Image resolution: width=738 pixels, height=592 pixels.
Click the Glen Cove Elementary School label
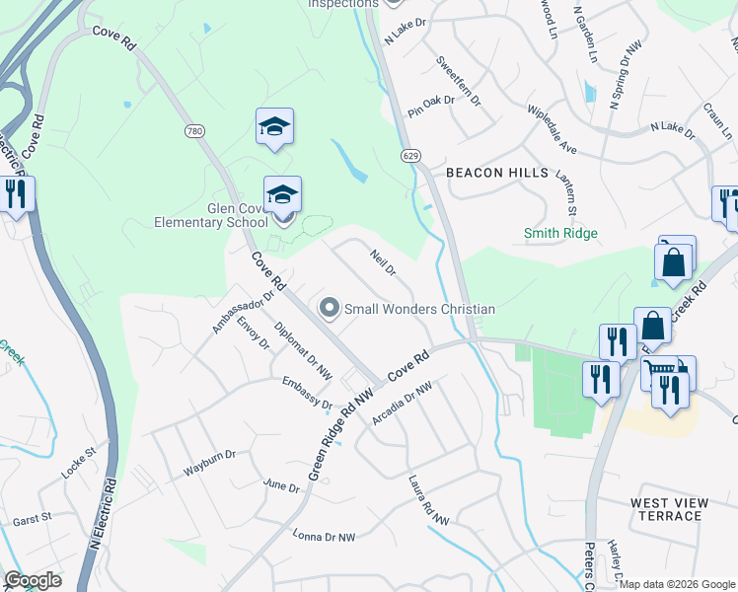[211, 215]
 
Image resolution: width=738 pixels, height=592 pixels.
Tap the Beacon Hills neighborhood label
[497, 173]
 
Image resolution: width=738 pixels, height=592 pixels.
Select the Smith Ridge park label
[560, 233]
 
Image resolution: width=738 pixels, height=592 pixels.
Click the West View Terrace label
[669, 509]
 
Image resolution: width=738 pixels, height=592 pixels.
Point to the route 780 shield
[193, 130]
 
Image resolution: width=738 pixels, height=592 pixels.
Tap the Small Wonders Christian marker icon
[330, 309]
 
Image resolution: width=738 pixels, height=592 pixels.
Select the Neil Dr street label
[383, 263]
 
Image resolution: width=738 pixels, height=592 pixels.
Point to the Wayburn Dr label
[210, 463]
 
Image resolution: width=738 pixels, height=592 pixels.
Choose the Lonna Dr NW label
[323, 537]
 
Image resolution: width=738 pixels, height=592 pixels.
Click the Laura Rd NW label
[428, 500]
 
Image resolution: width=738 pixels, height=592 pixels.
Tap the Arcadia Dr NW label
[403, 406]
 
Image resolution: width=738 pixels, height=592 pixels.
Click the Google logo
[33, 580]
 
